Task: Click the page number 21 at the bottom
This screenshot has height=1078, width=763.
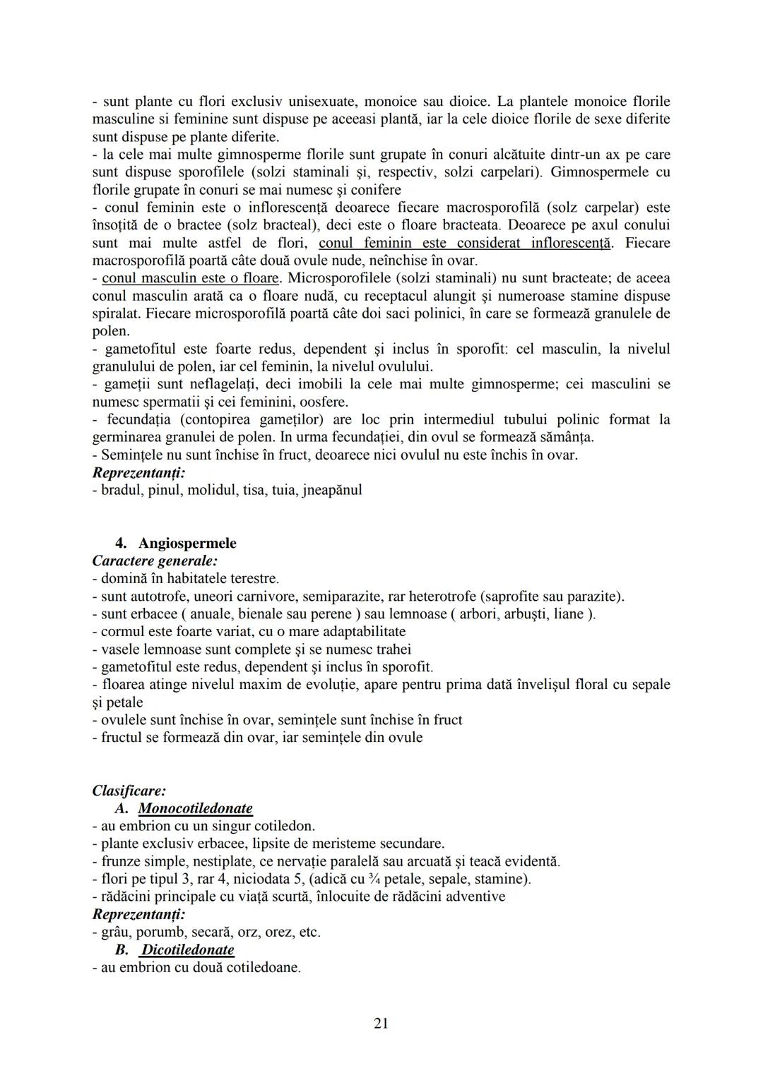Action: coord(381,1024)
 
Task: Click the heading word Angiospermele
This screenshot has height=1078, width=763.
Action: coord(187,543)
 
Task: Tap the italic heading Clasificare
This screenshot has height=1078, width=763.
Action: coord(129,791)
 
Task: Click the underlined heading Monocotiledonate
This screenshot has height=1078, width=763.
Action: coord(195,808)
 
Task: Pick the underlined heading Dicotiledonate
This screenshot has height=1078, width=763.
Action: coord(187,950)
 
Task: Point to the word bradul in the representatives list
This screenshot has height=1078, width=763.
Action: coord(121,489)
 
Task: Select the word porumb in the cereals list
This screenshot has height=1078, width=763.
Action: coord(159,932)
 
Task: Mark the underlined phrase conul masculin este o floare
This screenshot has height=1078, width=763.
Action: coord(191,277)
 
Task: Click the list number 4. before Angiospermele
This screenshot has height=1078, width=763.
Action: coord(121,543)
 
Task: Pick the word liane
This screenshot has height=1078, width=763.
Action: coord(574,613)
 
